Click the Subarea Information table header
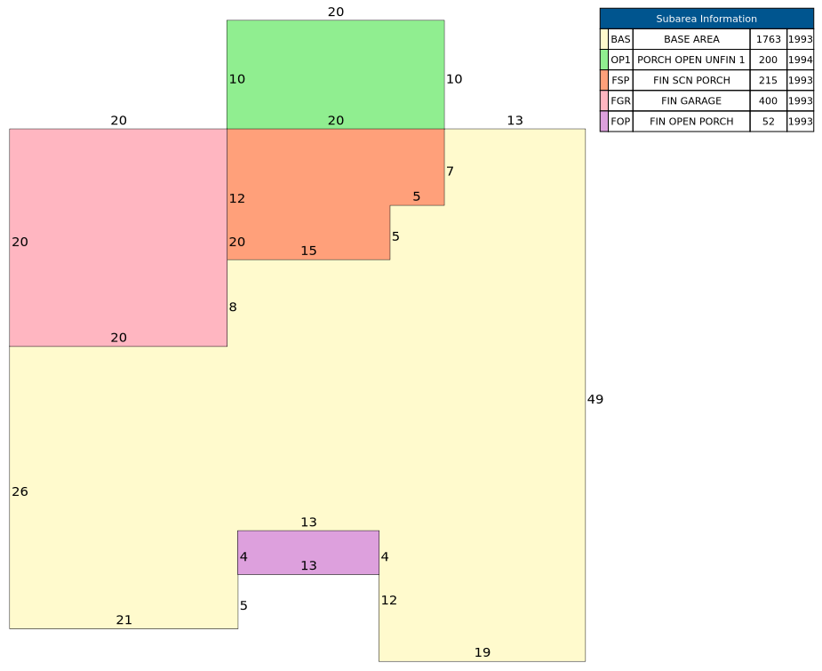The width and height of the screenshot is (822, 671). click(x=706, y=19)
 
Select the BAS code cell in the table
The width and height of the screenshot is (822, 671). click(x=620, y=39)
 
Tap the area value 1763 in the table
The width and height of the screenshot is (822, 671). click(x=769, y=39)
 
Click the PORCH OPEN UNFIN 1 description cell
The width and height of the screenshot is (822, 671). click(x=691, y=60)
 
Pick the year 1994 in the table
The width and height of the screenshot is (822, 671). click(x=801, y=60)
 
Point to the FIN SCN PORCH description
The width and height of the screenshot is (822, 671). click(x=691, y=80)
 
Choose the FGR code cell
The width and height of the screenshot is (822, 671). click(x=620, y=100)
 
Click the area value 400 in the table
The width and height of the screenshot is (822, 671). click(x=769, y=100)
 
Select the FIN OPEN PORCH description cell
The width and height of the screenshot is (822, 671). click(x=691, y=121)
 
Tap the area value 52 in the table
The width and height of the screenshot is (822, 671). click(x=769, y=121)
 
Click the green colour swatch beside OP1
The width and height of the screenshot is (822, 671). click(x=604, y=60)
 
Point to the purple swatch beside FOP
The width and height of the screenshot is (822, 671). click(x=604, y=121)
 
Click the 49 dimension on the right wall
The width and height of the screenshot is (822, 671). click(x=595, y=399)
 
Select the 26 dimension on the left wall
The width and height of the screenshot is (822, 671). click(x=20, y=491)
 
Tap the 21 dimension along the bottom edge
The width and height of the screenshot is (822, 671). click(x=124, y=620)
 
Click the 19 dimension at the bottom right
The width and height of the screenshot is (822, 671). click(x=483, y=652)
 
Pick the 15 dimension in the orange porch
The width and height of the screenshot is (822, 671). click(x=308, y=252)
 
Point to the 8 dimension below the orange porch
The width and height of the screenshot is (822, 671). click(x=233, y=308)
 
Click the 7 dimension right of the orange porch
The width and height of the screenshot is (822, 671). click(x=450, y=172)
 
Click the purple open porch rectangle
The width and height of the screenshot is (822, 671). click(x=308, y=553)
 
